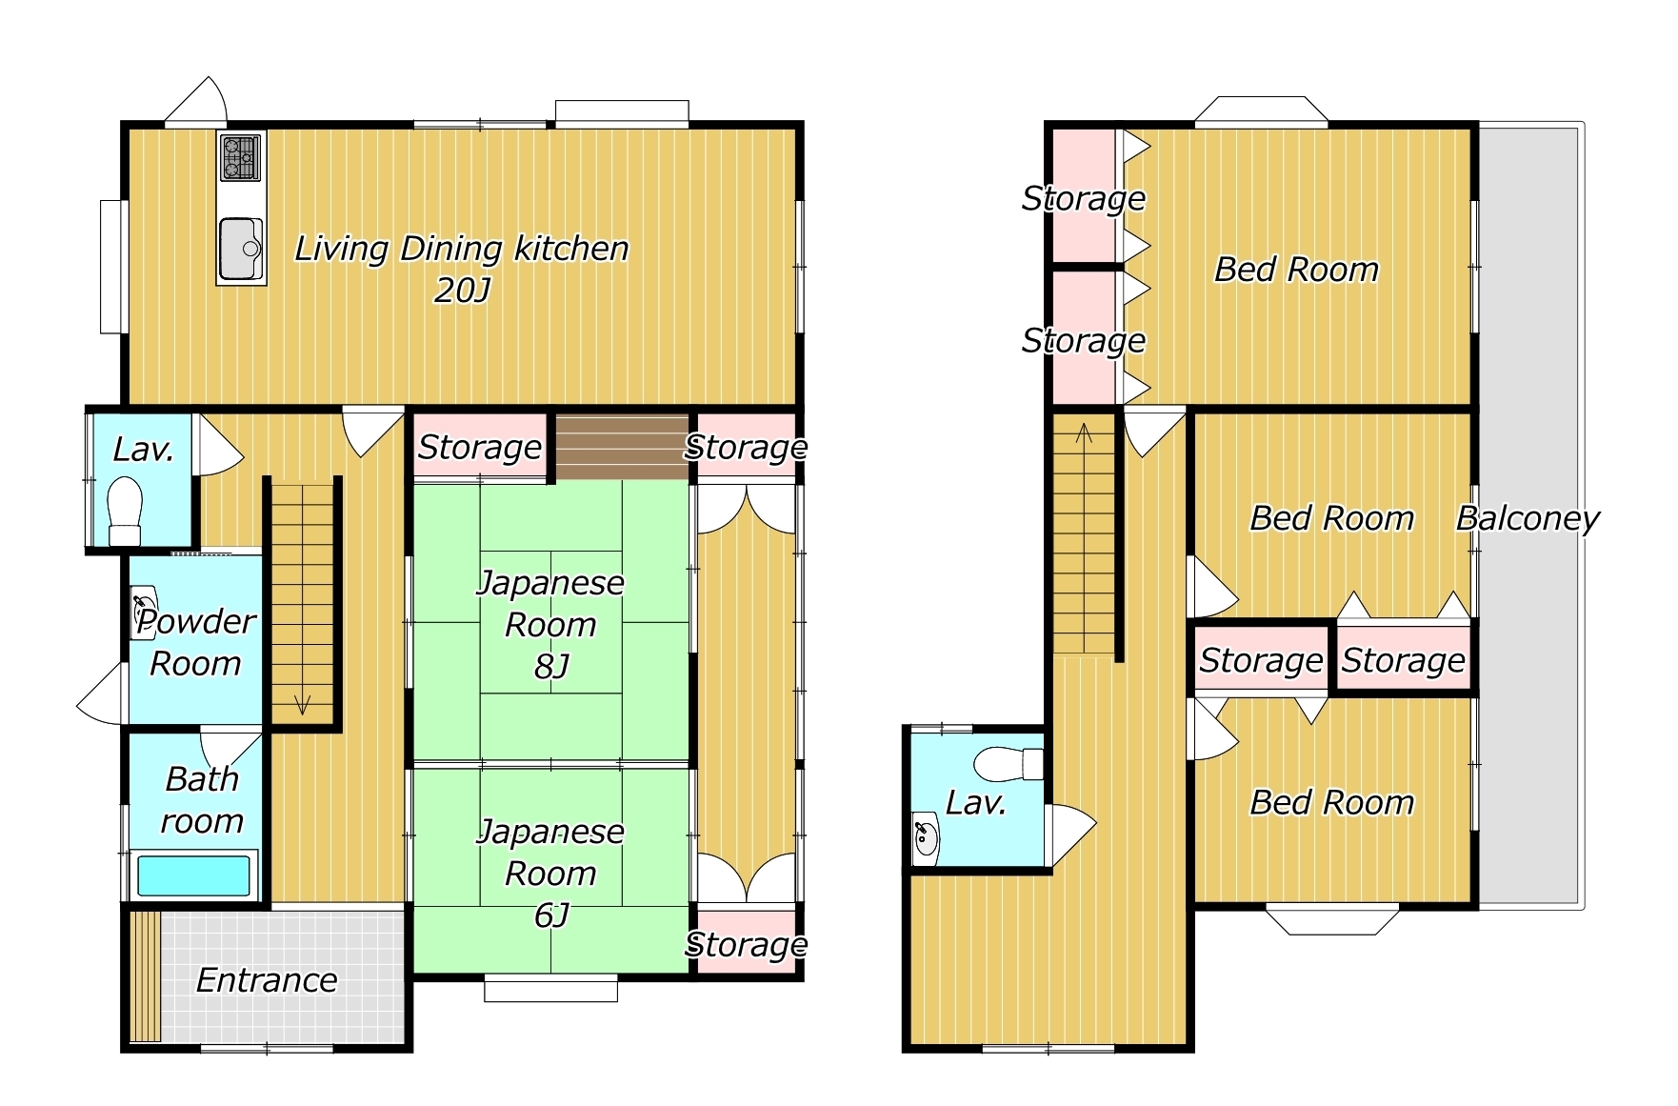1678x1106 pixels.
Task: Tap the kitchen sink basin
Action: tap(240, 249)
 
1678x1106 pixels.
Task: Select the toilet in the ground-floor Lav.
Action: tap(125, 511)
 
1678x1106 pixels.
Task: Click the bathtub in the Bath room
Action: tap(194, 875)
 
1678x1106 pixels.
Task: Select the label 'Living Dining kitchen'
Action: tap(462, 249)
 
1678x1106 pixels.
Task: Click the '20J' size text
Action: tap(462, 290)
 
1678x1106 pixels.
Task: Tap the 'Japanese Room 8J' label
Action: tap(550, 624)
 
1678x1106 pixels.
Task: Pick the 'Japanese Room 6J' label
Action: tap(550, 873)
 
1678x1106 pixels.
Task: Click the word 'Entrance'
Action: tap(267, 980)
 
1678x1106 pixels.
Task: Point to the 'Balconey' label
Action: tap(1528, 518)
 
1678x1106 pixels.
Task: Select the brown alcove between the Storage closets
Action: tap(622, 448)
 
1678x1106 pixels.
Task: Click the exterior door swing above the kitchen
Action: tap(196, 100)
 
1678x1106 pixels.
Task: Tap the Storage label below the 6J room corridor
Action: tap(746, 945)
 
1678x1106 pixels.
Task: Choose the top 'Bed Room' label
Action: tap(1296, 270)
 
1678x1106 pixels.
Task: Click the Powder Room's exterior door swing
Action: tap(102, 693)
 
